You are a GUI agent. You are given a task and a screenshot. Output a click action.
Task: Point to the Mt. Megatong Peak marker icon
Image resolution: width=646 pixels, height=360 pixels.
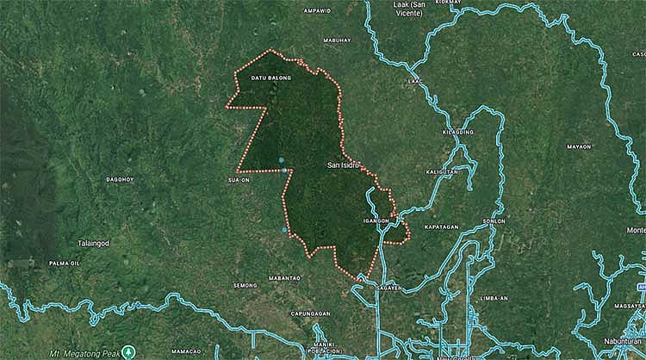click(128, 351)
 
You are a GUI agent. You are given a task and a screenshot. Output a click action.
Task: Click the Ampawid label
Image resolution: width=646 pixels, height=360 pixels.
click(317, 11)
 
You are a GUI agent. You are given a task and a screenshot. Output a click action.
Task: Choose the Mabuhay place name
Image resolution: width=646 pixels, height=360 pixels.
click(337, 40)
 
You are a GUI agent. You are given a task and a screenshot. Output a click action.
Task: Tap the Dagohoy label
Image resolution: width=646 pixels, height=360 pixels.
click(120, 179)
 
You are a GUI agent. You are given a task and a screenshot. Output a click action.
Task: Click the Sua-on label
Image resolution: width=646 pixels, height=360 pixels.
click(239, 181)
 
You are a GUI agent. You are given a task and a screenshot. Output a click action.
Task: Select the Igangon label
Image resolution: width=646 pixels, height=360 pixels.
click(377, 220)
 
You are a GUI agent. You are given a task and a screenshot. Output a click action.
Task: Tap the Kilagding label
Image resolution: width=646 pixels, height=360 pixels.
click(457, 132)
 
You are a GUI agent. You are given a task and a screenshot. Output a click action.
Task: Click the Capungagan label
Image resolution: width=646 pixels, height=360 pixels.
click(310, 313)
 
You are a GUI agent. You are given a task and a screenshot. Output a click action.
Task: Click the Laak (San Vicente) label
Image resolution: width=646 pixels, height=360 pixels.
click(409, 9)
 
